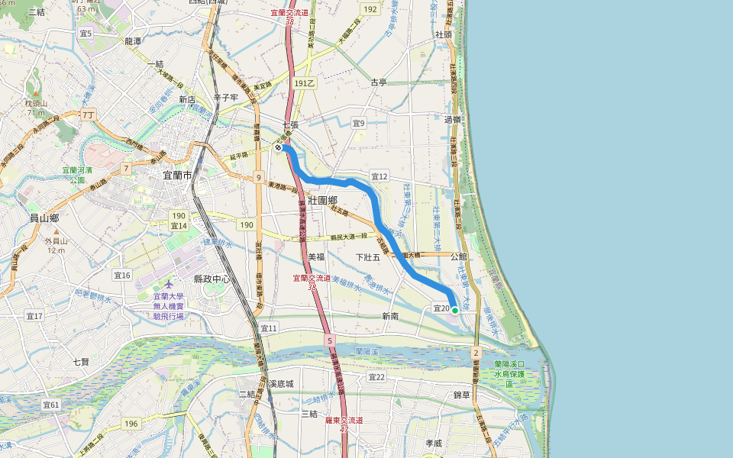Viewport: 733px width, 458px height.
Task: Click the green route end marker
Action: [455, 310]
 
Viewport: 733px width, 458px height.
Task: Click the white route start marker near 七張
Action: [279, 148]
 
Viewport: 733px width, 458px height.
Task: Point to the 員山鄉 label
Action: [44, 218]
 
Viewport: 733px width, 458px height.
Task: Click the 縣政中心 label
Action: [212, 279]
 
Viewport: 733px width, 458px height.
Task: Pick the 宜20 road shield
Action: [441, 308]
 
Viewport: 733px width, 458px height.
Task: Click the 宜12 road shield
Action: [379, 176]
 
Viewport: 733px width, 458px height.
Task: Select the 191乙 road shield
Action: [304, 82]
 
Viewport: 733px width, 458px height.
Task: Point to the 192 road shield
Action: [370, 9]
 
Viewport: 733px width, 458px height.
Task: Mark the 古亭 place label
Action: [379, 82]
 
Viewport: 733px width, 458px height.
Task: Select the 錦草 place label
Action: [463, 395]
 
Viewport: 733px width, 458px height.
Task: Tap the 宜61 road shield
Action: [51, 404]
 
